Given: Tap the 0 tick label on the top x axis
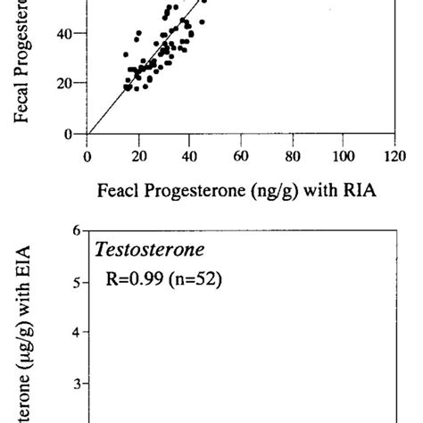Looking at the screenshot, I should pos(87,154).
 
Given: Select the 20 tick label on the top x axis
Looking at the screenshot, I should pos(138,154).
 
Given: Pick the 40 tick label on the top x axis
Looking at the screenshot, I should pos(189,154).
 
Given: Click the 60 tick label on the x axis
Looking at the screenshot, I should pos(240,154).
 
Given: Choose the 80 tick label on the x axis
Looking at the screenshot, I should pos(292,154).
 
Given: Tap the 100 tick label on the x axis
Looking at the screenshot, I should pos(342,154).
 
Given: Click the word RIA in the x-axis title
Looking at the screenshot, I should pos(344,191).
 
